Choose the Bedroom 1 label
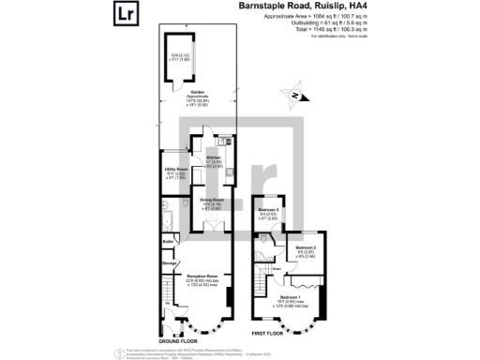tap(288, 294)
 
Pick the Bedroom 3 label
tap(270, 210)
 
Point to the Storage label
tap(169, 264)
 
